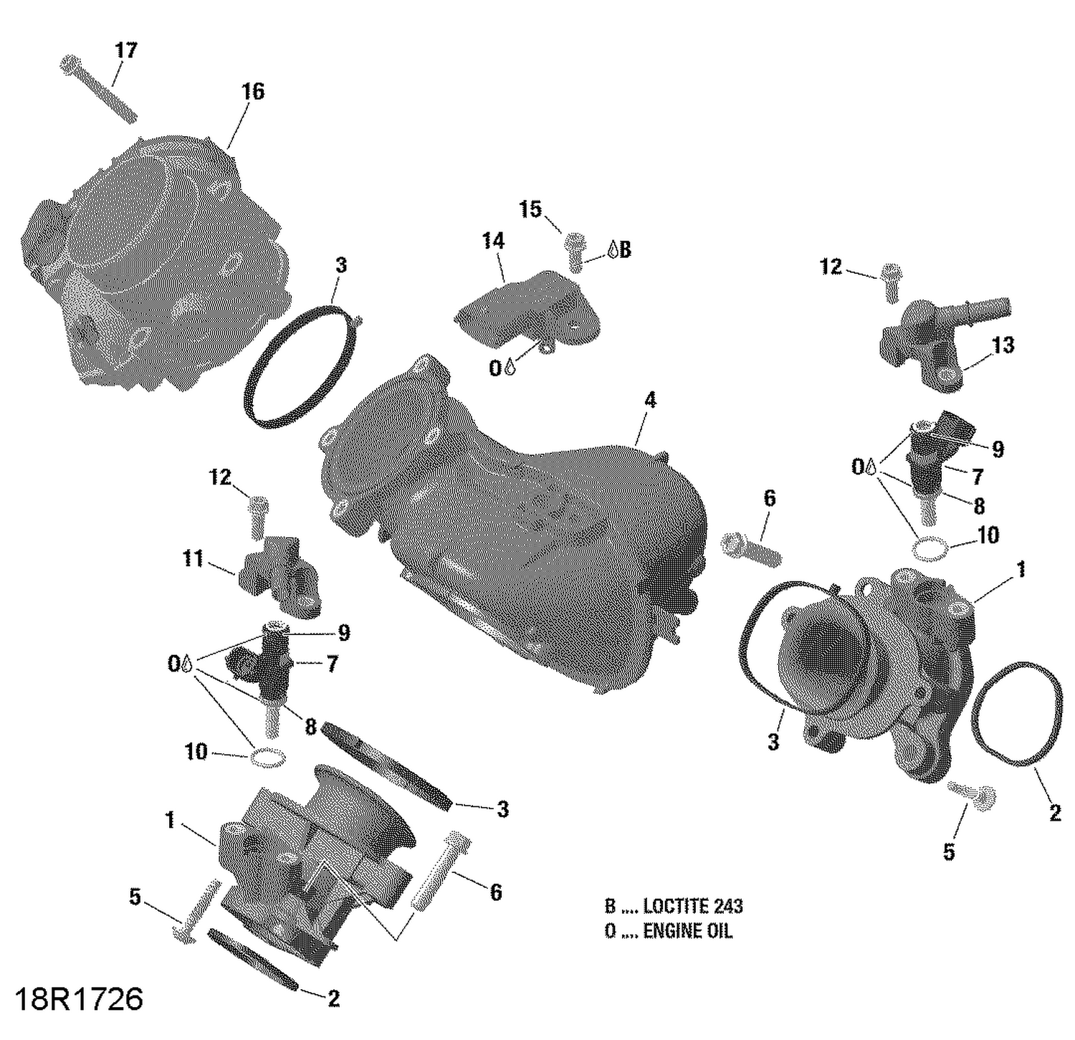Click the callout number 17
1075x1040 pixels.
[125, 51]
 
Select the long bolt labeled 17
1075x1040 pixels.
[98, 90]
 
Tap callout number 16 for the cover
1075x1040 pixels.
[252, 92]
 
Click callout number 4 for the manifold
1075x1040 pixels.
[649, 400]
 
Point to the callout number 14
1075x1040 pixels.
[493, 241]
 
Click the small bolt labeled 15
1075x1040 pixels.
[575, 250]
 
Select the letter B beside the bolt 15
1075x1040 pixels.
[624, 249]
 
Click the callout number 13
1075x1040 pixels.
[1003, 345]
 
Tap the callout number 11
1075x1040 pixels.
[192, 558]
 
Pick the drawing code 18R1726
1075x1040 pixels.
[79, 998]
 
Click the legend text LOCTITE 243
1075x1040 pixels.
[692, 906]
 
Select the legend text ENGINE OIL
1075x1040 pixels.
[687, 931]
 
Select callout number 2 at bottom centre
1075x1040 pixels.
[333, 998]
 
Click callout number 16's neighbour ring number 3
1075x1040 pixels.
[341, 265]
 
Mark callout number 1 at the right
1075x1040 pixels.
[1021, 570]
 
